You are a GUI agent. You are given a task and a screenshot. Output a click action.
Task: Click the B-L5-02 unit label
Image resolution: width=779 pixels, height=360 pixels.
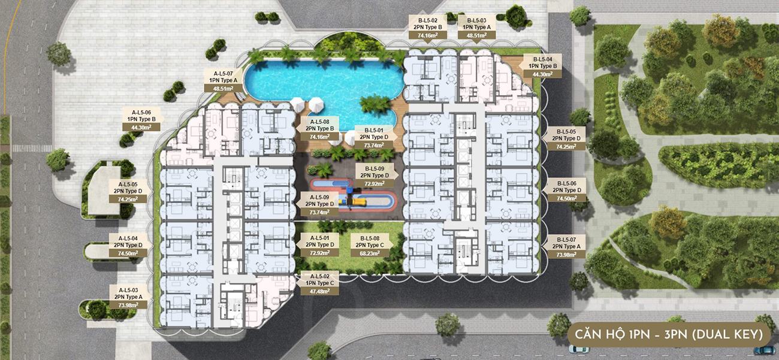(428, 20)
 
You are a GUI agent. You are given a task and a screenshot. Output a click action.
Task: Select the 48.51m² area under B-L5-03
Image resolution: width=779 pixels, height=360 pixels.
(476, 35)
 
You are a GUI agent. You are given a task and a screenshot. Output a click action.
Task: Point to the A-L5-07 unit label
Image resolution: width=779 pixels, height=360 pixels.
(224, 74)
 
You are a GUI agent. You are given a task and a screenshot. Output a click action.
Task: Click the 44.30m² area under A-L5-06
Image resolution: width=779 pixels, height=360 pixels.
(141, 127)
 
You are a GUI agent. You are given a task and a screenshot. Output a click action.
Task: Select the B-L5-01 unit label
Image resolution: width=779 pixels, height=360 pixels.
(374, 131)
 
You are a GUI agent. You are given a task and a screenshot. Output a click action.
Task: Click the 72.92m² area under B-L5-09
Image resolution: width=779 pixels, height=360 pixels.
(375, 183)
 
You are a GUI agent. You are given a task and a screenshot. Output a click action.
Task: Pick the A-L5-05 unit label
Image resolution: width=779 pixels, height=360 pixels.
(128, 184)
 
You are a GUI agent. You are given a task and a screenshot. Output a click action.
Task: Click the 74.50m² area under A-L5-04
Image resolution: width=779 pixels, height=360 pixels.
(128, 253)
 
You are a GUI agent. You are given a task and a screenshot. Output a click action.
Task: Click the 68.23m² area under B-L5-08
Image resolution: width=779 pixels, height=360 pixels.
(370, 253)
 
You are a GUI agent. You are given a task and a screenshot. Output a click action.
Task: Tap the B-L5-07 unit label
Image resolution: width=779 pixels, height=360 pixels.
(566, 240)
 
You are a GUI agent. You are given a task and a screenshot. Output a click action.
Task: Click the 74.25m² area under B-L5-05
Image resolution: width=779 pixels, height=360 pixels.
(566, 147)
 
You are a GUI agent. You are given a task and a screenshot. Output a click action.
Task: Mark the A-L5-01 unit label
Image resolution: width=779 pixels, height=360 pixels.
(319, 238)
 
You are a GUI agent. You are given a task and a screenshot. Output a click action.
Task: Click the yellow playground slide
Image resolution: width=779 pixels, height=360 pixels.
(358, 201)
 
